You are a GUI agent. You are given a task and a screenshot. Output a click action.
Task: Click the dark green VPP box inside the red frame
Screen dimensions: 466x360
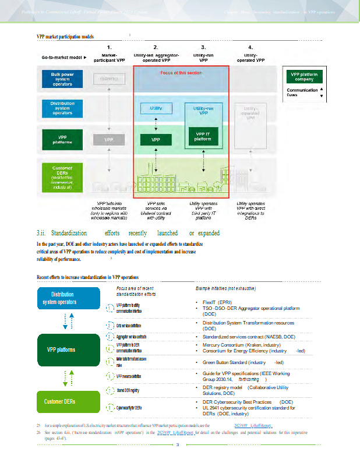(x=156, y=140)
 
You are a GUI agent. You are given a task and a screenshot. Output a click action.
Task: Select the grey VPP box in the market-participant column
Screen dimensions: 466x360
(x=109, y=140)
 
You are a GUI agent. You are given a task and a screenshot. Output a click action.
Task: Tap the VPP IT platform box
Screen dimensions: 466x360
(x=203, y=137)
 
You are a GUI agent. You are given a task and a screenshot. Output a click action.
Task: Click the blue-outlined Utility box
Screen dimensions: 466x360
(x=156, y=108)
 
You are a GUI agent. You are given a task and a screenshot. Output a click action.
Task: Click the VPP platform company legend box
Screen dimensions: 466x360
(x=303, y=76)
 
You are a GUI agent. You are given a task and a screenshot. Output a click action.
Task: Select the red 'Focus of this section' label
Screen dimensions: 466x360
(x=181, y=73)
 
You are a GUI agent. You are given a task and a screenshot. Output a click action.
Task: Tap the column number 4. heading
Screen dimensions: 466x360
(x=250, y=47)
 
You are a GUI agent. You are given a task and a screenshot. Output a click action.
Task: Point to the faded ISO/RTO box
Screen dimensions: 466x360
(x=109, y=79)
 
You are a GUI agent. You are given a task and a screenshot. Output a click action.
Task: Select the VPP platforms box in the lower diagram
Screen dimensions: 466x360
(x=62, y=350)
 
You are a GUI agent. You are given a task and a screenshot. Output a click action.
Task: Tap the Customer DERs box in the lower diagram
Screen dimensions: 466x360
(x=62, y=401)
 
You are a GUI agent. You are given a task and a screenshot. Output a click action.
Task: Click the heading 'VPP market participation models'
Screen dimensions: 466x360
(x=65, y=36)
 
